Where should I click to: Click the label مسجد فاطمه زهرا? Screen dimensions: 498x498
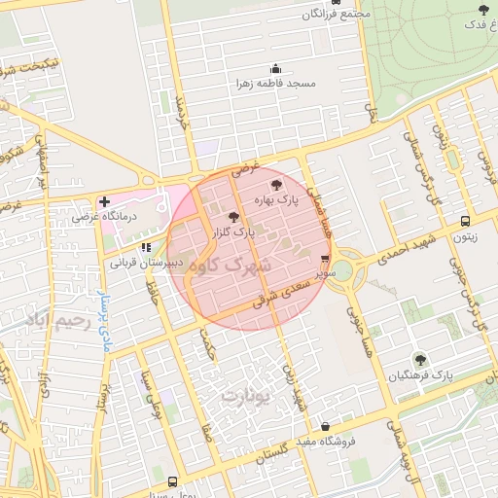[275, 85]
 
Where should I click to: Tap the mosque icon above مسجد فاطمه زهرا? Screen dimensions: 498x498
[275, 69]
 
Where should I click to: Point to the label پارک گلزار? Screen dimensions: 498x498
[232, 232]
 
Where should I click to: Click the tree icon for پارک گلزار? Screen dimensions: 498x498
[232, 217]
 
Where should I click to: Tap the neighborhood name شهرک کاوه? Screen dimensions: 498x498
[231, 265]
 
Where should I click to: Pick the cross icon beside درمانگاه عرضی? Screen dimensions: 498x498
[104, 201]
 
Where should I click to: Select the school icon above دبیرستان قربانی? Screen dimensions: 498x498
[147, 247]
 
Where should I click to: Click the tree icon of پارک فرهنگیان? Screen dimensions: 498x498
[419, 359]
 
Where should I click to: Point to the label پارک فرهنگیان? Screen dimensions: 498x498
[419, 374]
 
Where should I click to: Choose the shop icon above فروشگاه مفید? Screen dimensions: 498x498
[324, 425]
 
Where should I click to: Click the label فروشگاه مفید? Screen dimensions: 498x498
[324, 441]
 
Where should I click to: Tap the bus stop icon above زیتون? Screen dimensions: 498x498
[465, 222]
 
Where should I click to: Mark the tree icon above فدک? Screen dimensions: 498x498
[483, 10]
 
